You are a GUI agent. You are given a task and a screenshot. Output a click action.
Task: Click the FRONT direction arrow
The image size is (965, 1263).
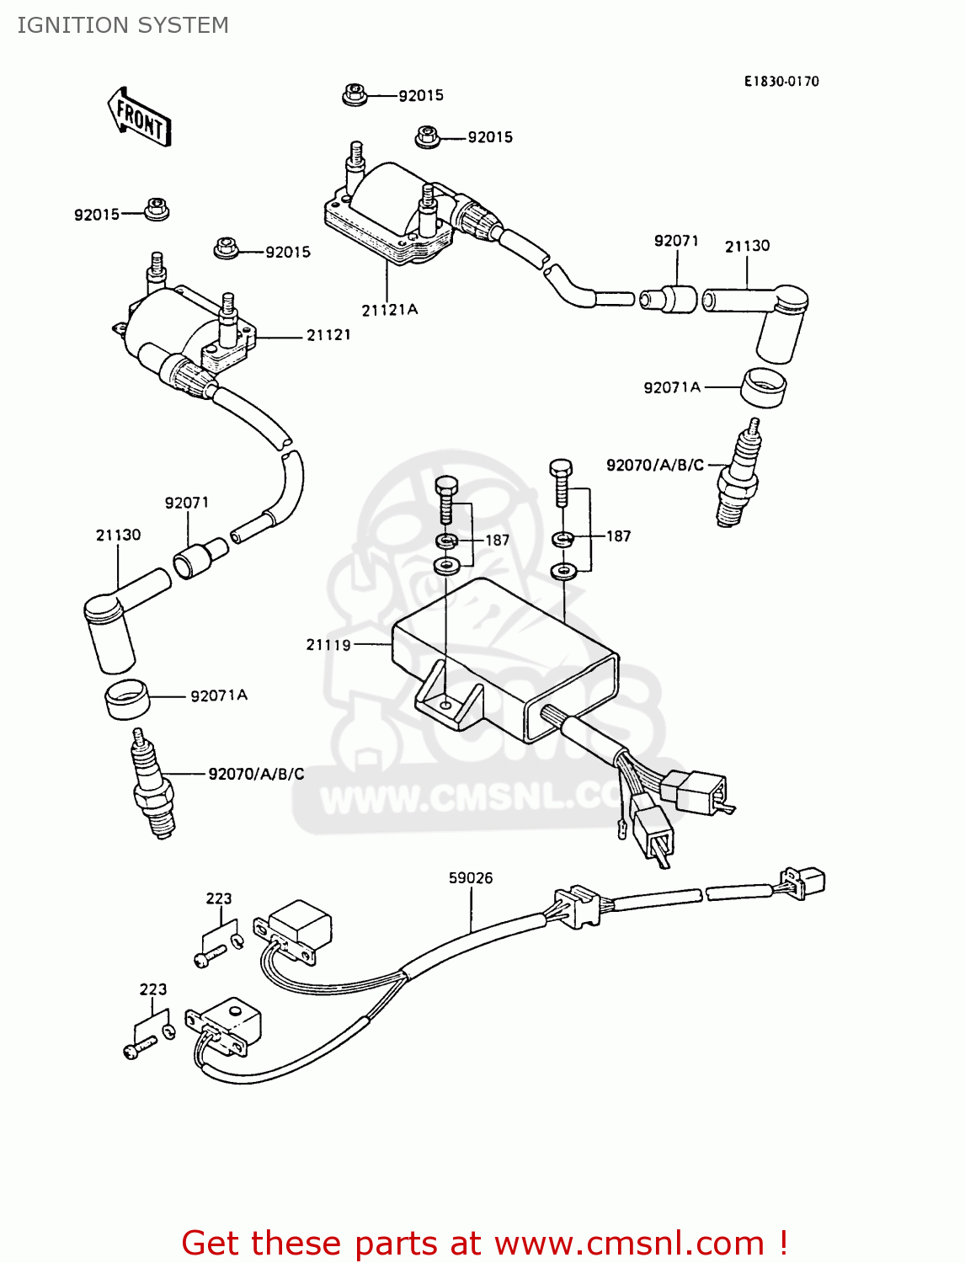tap(140, 117)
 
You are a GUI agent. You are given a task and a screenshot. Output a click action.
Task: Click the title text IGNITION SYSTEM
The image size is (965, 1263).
tap(123, 25)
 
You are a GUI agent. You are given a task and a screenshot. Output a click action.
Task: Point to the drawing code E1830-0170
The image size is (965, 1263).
tap(781, 81)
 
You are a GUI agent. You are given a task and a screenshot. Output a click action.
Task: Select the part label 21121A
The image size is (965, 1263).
tap(389, 310)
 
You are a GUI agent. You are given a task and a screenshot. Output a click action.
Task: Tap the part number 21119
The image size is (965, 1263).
tap(328, 645)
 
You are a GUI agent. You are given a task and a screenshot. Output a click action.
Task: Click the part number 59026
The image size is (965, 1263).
tap(471, 877)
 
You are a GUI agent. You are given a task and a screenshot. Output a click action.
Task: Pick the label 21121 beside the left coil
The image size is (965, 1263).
tap(328, 335)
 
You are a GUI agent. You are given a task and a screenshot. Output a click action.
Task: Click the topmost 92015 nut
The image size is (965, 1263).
tap(355, 94)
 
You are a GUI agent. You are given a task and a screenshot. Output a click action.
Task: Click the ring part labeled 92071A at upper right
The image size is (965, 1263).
tap(764, 386)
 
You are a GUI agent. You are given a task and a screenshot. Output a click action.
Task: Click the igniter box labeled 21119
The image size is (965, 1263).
tap(505, 657)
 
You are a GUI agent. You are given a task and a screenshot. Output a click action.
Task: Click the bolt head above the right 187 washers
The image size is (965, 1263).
tap(561, 468)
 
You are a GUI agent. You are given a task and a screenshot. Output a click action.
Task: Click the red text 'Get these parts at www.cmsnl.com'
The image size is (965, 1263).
tap(484, 1242)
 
